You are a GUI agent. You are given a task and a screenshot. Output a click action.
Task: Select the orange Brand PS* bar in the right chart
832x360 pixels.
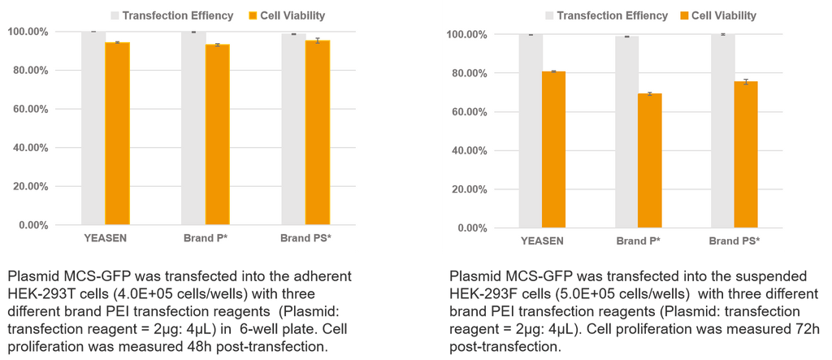point(746,154)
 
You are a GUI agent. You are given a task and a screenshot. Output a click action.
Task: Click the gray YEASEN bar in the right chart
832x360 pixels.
point(531,131)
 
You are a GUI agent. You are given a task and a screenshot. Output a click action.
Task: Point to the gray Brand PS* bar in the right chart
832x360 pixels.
point(722,131)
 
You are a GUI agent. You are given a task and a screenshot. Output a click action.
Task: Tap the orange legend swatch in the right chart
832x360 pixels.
point(682,15)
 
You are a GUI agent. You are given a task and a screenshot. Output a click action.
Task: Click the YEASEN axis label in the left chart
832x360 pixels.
point(105,238)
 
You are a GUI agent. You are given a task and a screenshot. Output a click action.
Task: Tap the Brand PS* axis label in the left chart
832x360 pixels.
point(305,238)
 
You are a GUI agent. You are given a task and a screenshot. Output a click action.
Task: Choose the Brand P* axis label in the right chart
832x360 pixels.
point(638,241)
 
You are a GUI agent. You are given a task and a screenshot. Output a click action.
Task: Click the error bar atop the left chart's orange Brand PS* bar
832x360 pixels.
point(318,40)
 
